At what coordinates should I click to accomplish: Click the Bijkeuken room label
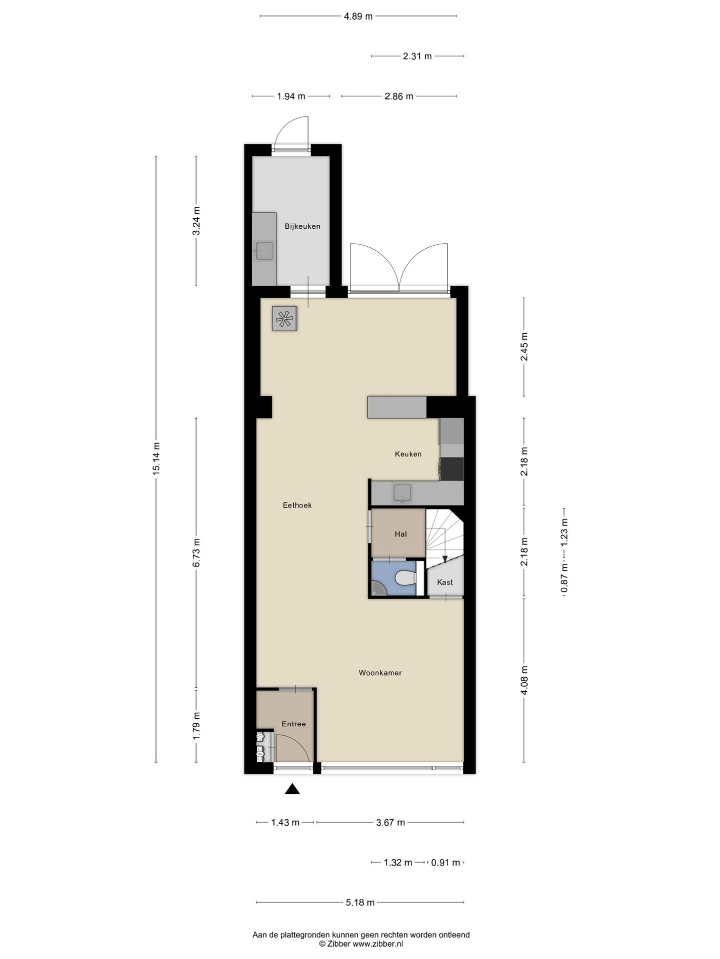coord(302,226)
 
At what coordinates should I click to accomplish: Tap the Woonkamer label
coord(380,673)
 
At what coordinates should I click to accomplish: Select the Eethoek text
coord(297,505)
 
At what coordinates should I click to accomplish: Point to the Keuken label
coord(408,454)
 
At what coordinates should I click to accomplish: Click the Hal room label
coord(400,534)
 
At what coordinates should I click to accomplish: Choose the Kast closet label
coord(444,582)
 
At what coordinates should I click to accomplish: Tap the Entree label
coord(293,724)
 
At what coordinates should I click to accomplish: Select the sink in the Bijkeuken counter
coord(264,251)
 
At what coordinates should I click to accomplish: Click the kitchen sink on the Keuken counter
coord(402,493)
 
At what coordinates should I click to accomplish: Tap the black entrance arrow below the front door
coord(292,789)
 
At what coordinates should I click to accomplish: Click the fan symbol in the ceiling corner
coord(284,319)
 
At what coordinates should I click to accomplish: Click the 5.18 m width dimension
coord(360,903)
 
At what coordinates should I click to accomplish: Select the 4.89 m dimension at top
coord(358,16)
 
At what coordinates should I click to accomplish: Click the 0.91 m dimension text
coord(445,863)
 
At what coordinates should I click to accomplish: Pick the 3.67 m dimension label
coord(390,823)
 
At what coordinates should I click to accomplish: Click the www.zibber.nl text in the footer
coord(378,944)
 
